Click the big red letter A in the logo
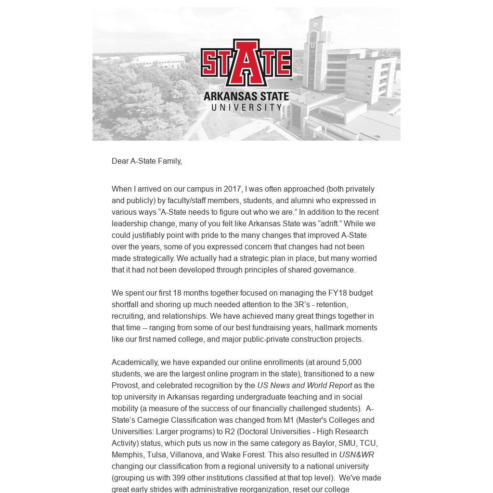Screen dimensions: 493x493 (x=246, y=63)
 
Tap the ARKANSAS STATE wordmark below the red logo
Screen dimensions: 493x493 (x=246, y=96)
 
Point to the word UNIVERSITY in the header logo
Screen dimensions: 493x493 (x=246, y=107)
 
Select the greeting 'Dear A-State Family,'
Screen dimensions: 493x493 (x=147, y=161)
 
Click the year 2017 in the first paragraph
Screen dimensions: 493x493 (x=233, y=189)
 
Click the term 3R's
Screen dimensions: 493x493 (x=304, y=305)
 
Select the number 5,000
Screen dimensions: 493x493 (x=351, y=363)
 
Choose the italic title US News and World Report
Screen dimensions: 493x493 (x=304, y=386)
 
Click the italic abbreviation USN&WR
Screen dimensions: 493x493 (x=356, y=455)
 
